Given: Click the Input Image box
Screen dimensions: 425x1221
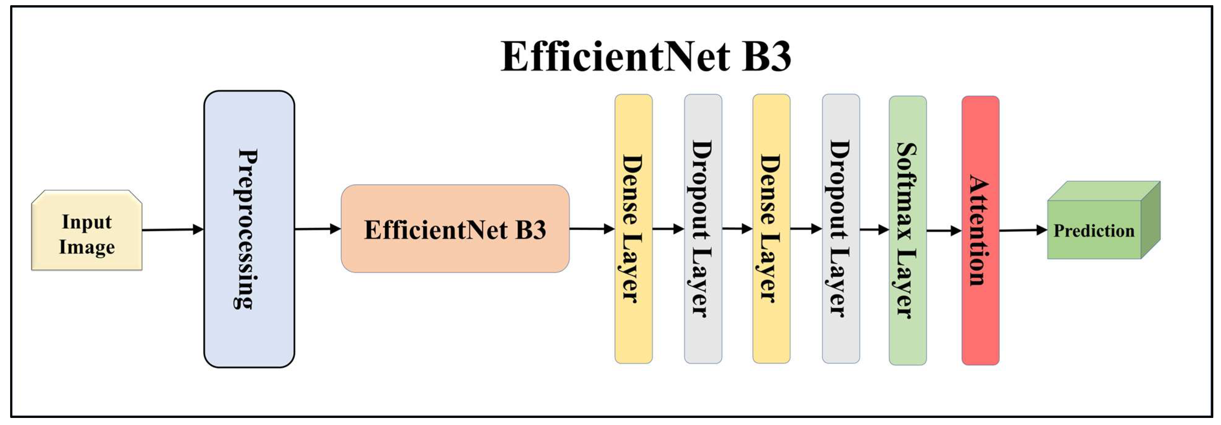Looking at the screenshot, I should [87, 231].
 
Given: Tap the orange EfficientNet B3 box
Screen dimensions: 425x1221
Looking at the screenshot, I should [455, 229].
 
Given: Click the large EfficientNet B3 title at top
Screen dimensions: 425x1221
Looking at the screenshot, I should [646, 56].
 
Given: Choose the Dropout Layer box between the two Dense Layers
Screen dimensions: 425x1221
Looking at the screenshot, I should [703, 229].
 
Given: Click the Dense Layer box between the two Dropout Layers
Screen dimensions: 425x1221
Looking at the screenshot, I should [771, 229].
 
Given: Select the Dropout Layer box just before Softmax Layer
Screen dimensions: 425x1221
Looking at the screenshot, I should [841, 229].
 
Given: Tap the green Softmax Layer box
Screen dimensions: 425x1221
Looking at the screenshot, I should [908, 230].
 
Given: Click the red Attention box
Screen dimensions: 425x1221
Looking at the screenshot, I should [980, 230].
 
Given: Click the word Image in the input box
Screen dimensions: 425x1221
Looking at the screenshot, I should [87, 247].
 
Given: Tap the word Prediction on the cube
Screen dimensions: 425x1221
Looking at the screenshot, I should [1094, 231].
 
